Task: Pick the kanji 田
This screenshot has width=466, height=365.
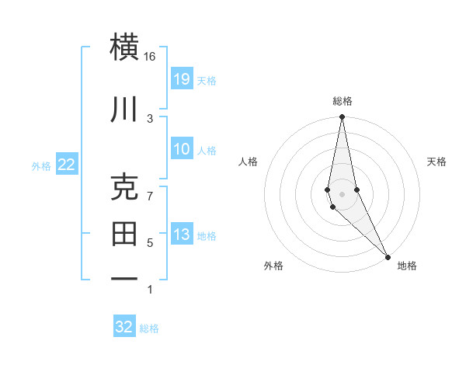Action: (125, 232)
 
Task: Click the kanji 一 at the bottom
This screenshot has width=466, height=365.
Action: (125, 277)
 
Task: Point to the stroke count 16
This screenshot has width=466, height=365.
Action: (150, 57)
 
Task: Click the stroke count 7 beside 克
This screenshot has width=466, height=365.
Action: (150, 196)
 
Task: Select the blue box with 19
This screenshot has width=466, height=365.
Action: (182, 78)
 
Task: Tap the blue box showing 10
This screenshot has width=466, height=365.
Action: (182, 149)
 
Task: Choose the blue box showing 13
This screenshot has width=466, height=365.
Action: (182, 235)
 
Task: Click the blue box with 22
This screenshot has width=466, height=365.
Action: (66, 165)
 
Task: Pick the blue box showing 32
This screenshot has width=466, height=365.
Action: (124, 327)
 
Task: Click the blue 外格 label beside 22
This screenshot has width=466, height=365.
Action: (41, 165)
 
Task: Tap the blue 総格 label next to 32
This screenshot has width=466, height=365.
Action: (149, 328)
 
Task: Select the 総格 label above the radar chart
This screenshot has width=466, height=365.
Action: (343, 101)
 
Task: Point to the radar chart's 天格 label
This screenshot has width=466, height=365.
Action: (436, 162)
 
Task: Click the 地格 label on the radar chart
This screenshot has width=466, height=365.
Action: (407, 266)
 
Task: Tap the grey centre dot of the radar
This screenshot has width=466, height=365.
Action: (343, 193)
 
